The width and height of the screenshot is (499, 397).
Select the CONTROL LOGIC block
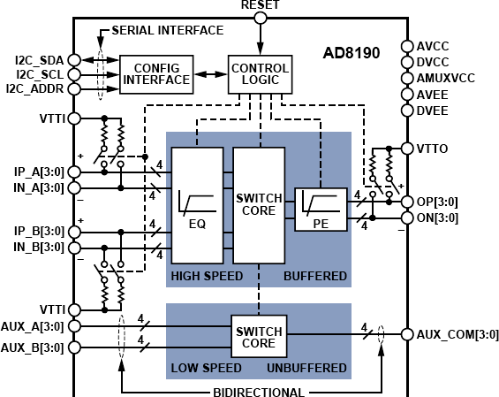pos(259,74)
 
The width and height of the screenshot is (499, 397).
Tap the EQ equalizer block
pos(198,205)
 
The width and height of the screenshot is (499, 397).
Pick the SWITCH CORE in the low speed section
pos(259,337)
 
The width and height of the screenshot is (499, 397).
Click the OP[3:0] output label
pos(442,201)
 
